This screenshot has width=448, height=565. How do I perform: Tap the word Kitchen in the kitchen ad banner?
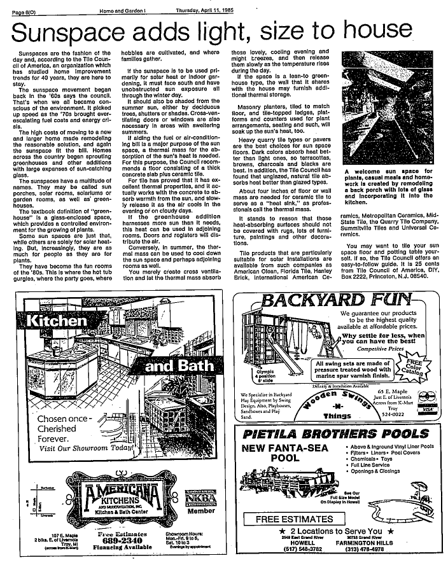[57, 321]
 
